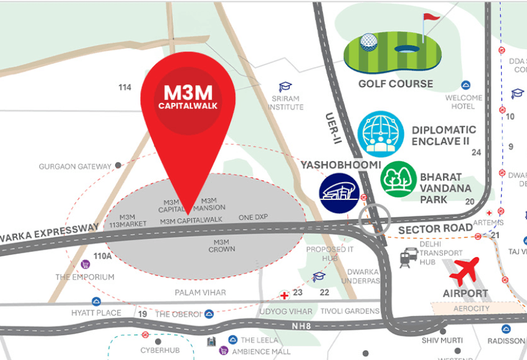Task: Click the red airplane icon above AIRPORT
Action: pos(468,271)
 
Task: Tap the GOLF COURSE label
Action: pos(395,84)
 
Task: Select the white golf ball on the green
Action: pos(368,41)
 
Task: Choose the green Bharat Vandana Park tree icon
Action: pos(398,179)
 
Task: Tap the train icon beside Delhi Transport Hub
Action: pos(409,258)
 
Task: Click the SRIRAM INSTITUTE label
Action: pos(286,102)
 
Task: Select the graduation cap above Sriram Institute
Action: pos(286,87)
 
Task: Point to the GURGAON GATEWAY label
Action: pos(75,166)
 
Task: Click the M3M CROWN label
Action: pos(221,245)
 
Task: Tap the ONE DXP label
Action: pos(254,218)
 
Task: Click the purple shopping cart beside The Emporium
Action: pos(85,264)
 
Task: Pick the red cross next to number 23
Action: pos(284,296)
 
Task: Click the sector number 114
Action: pos(125,87)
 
